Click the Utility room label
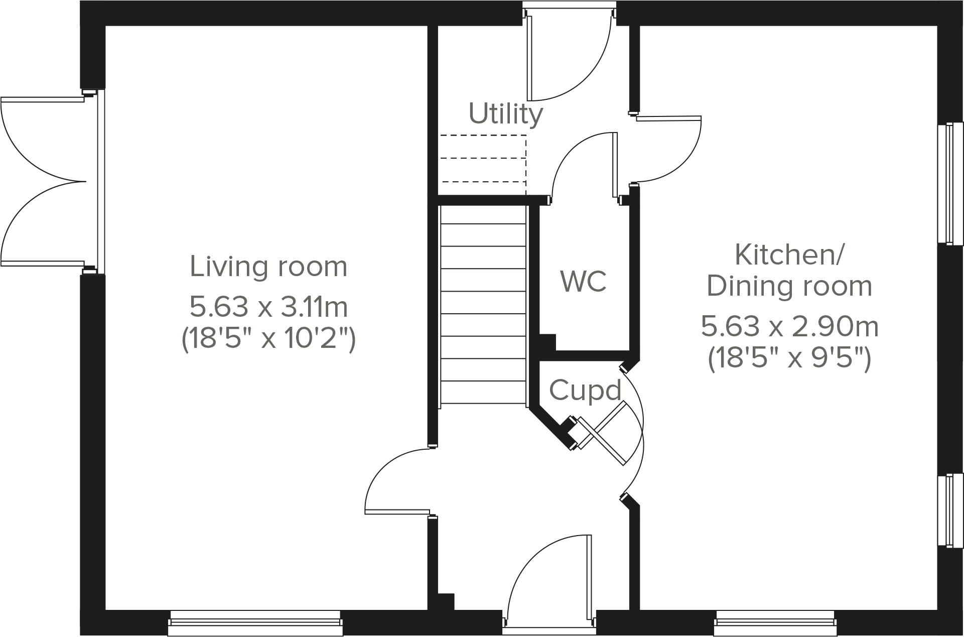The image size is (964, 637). point(505,114)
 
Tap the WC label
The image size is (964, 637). point(584,281)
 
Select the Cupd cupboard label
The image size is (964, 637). point(585,391)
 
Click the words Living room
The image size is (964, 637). point(268,267)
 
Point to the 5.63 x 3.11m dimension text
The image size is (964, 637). point(268,307)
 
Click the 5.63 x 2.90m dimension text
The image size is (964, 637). point(789,327)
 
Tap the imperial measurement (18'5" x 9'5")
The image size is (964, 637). point(789,359)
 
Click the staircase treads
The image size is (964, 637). point(483,306)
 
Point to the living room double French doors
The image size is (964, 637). point(45,182)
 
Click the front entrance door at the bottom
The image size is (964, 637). point(549,582)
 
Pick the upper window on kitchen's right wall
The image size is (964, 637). point(950,183)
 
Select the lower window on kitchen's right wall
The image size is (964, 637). point(950,509)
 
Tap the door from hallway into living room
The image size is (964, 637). point(396,482)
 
